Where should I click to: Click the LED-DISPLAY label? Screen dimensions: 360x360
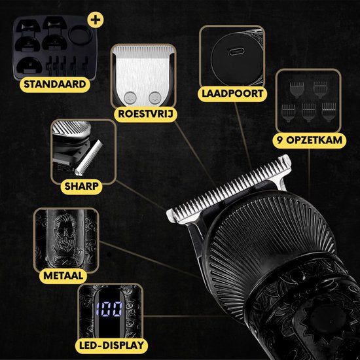tap(110, 346)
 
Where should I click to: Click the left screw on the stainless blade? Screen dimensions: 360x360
tap(128, 96)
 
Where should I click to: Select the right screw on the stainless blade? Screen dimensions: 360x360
tap(154, 96)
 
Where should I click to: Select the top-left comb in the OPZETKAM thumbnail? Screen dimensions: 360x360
tap(293, 89)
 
